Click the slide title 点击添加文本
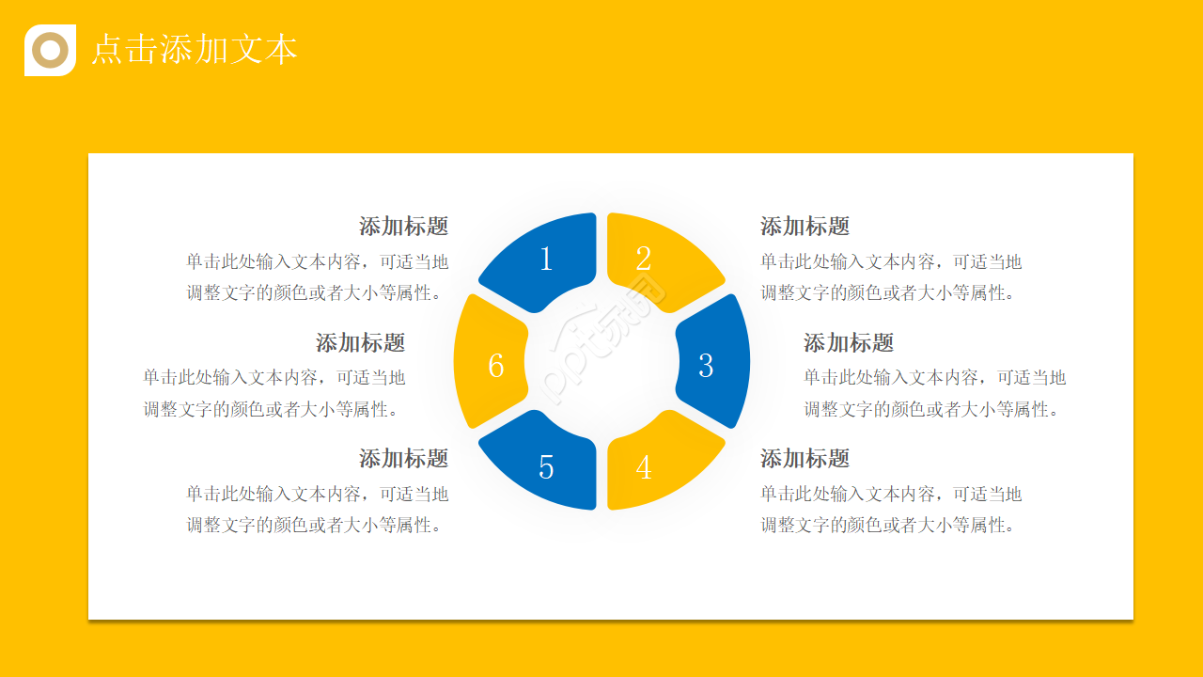click(194, 50)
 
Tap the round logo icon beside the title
click(50, 50)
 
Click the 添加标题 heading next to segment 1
click(403, 226)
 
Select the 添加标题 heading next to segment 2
click(805, 226)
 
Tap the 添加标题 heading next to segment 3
click(848, 342)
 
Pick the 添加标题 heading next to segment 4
click(805, 458)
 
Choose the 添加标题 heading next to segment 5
click(403, 458)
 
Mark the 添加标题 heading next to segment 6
click(360, 342)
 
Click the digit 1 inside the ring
click(546, 259)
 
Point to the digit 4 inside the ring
click(644, 467)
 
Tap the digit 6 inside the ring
click(496, 365)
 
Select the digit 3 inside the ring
click(706, 365)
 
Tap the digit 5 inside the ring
click(546, 467)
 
